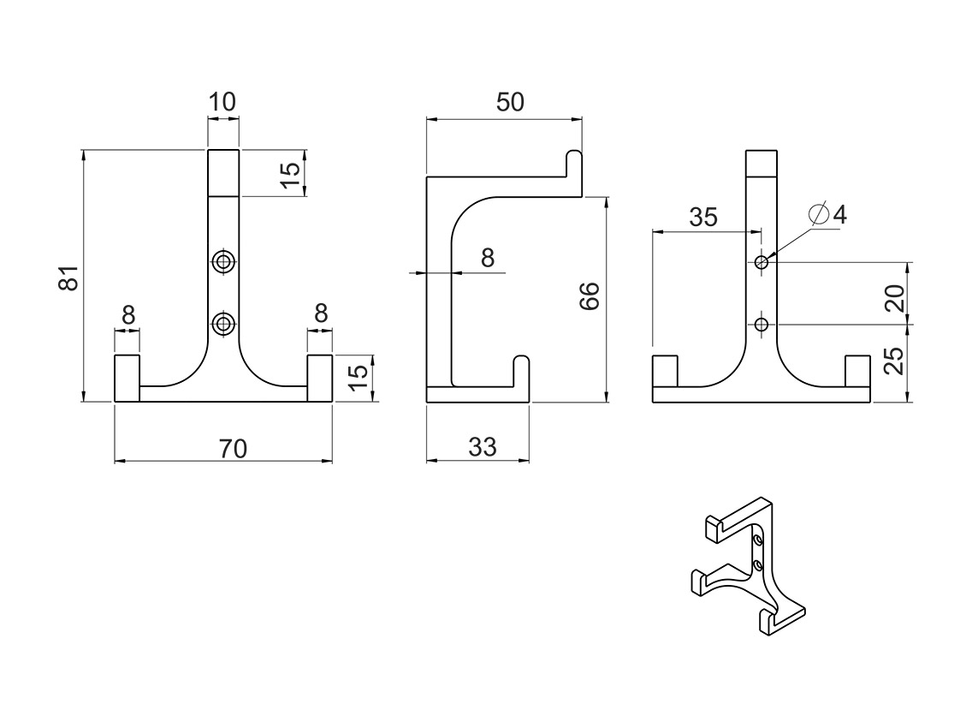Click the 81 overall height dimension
[68, 277]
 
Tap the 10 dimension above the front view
[222, 102]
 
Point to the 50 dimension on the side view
[510, 102]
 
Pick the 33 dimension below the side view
[483, 447]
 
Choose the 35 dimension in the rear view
[703, 217]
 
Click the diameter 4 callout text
[828, 214]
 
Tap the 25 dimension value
[894, 361]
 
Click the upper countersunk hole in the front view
[224, 261]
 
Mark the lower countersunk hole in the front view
[224, 323]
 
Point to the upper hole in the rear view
[761, 262]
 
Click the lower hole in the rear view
[761, 324]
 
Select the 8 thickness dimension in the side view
[488, 257]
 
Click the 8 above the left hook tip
[128, 315]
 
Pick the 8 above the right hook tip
[321, 313]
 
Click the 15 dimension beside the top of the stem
[292, 170]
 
